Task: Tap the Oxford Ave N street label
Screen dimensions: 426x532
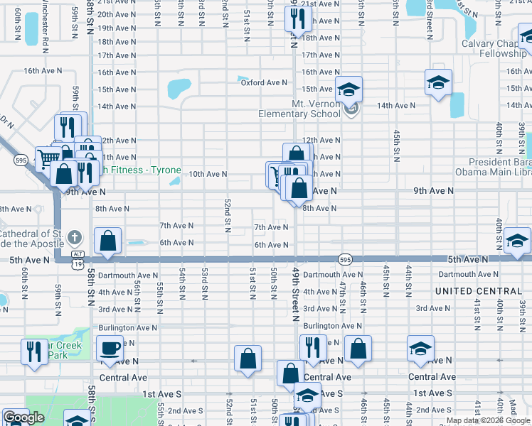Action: click(x=263, y=82)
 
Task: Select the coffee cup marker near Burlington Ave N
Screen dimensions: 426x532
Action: click(x=110, y=349)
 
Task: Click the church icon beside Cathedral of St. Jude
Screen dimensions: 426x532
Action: click(x=77, y=237)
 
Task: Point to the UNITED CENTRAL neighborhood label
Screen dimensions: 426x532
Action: click(x=478, y=291)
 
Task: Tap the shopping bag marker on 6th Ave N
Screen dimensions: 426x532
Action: click(x=107, y=241)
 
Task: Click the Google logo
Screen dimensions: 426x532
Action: click(x=23, y=417)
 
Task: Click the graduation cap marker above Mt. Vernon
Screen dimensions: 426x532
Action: click(x=349, y=89)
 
